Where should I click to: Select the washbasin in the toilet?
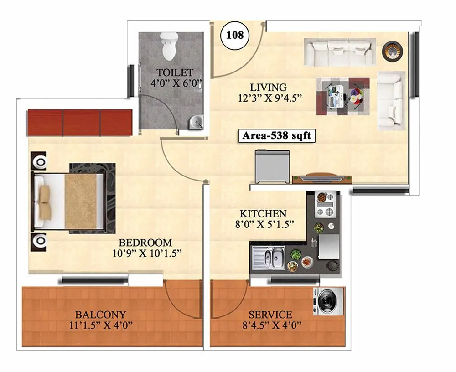196,121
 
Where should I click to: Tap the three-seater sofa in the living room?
339,52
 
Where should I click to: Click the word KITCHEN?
264,213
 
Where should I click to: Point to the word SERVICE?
270,315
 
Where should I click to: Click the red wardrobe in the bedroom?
79,123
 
